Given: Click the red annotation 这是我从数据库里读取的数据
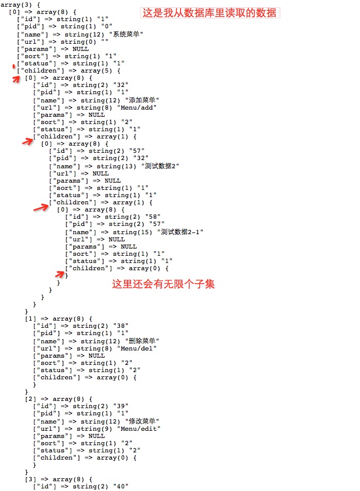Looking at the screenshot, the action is [x=209, y=13].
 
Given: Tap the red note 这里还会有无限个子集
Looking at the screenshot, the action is [x=163, y=284].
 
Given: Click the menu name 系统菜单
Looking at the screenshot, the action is [x=126, y=34].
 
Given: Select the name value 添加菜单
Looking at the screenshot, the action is [x=142, y=100].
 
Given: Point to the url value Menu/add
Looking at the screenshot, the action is [x=137, y=108].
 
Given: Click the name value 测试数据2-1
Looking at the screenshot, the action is [x=180, y=232].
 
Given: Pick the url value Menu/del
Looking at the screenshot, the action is [x=137, y=348].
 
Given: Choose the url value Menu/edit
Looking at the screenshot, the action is [x=138, y=428].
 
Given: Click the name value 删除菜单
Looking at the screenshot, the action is [x=142, y=341].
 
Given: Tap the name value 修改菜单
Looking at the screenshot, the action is [x=142, y=421].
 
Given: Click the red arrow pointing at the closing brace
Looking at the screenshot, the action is [x=60, y=274].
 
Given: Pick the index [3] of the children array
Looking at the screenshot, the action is [x=30, y=479].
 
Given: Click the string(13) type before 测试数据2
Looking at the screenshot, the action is [x=116, y=166].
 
